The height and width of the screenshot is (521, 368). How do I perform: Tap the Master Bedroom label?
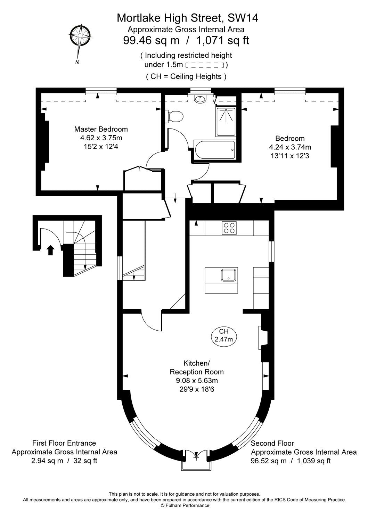pos(101,129)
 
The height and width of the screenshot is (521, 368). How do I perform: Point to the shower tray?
pos(226,122)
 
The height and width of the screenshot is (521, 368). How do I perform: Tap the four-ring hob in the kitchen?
pos(229,228)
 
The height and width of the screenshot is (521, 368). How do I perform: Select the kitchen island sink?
pos(229,275)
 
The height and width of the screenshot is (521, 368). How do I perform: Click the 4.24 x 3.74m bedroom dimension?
pos(290,147)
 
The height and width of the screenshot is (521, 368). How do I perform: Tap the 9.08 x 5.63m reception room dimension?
pos(196,381)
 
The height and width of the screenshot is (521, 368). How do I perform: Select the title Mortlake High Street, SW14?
pos(187,17)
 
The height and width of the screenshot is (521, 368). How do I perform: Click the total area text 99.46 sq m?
pos(152,41)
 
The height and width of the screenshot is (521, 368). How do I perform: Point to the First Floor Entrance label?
pos(64,443)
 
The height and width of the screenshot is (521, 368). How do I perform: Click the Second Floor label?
pos(272,443)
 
